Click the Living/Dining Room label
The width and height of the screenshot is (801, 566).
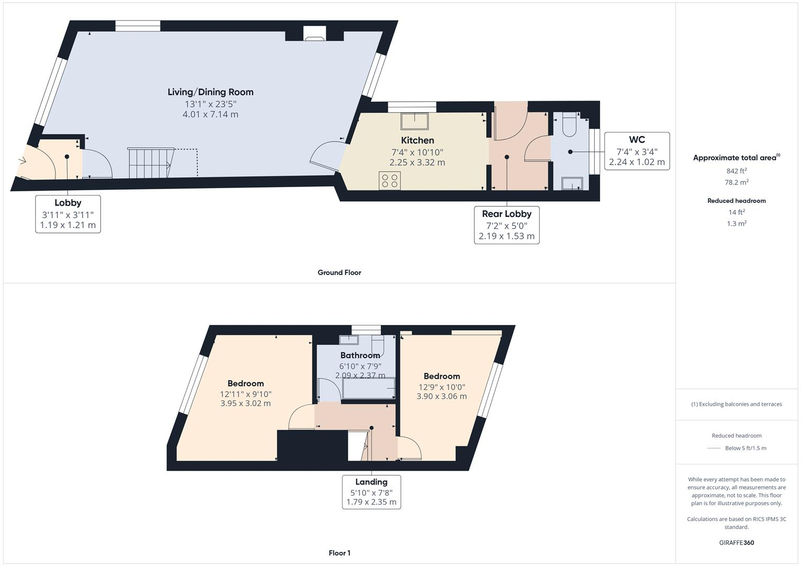click(210, 92)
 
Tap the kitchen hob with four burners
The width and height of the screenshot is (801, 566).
click(390, 181)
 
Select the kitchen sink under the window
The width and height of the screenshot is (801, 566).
click(414, 121)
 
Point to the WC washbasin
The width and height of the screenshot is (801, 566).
click(572, 183)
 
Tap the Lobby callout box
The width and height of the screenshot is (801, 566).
click(68, 214)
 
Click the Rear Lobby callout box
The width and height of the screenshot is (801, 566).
click(506, 225)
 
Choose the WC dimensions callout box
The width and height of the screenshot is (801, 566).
click(637, 151)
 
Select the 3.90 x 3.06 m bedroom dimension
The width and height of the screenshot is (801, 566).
click(442, 397)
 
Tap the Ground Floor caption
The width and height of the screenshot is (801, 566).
click(339, 273)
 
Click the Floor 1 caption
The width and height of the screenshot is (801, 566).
click(339, 553)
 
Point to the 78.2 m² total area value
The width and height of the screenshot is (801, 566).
click(736, 182)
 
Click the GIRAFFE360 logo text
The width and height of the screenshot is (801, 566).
click(736, 543)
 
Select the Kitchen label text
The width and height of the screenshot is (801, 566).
click(418, 140)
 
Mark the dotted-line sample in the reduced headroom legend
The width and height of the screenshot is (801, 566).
click(714, 448)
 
